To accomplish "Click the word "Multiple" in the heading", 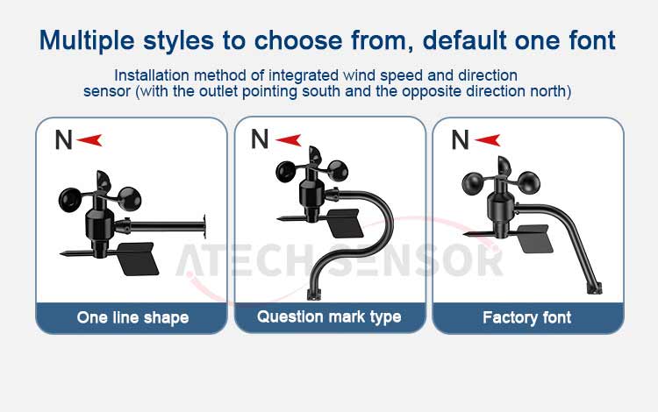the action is coord(87,41).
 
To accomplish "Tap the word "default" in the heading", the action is coord(464,40).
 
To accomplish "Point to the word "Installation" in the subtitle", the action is coord(152,75).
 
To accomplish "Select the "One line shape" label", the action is coord(132,317).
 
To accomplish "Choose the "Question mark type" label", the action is coord(329,316).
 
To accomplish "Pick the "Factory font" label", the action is coord(527,317).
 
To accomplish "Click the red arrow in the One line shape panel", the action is coord(89,140).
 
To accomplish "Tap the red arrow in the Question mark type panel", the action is coord(289,140).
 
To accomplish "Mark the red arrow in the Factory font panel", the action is coord(488,140).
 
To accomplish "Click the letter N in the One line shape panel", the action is coord(63,139).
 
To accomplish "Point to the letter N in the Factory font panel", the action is coord(460,139).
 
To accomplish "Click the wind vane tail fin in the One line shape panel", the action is coord(138,259).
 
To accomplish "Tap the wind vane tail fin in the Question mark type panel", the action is coord(344,223).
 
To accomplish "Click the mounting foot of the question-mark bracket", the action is coord(313,295).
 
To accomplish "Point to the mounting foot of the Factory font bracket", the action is coord(594,288).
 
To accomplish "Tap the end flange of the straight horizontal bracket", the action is coord(204,227).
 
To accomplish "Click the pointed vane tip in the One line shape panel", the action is coord(61,253).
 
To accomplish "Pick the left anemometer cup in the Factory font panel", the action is coord(473,183).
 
